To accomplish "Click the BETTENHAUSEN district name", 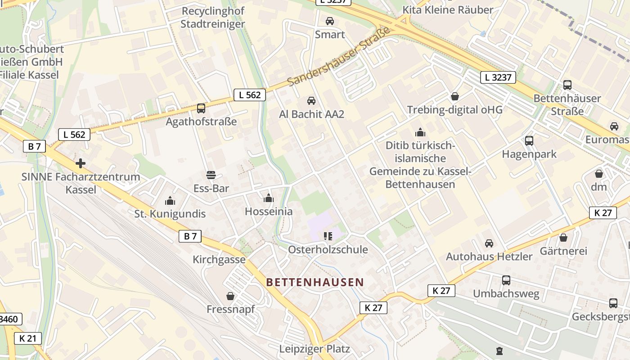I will (315, 282).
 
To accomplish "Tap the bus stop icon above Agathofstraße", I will (201, 108).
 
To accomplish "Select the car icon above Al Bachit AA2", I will (311, 101).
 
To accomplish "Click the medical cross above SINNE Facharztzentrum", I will (81, 163).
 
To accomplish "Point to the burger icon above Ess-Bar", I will (211, 175).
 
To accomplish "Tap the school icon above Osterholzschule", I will (328, 236).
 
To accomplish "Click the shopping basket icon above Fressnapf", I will (230, 296).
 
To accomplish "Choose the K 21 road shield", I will (28, 338).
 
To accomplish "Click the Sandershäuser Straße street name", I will (338, 58).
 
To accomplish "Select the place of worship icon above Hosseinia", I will (269, 198).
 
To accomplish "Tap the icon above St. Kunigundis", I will (170, 200).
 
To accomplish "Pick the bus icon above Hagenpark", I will (529, 141).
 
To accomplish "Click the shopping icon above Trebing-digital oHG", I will (455, 96).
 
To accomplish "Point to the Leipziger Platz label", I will (314, 349).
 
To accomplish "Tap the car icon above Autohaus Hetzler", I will (489, 243).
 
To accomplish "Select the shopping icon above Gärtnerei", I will (563, 238).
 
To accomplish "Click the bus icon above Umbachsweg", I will (506, 280).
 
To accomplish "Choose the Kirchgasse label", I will (219, 260).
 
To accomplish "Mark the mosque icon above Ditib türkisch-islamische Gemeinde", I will (420, 132).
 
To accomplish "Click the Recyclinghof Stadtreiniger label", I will (213, 17).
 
